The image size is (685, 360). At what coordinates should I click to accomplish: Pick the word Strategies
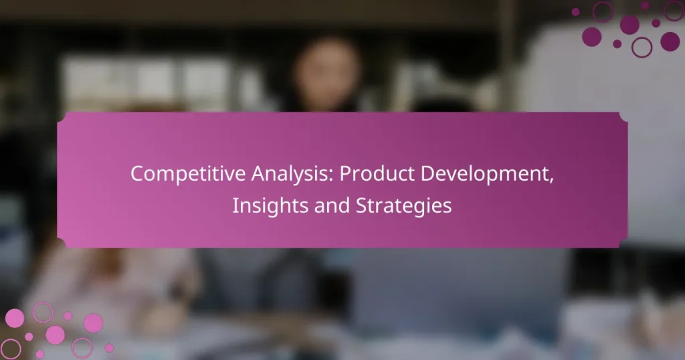(400, 206)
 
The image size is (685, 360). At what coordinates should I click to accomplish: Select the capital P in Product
(346, 173)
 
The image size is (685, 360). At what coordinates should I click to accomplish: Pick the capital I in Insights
(235, 206)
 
